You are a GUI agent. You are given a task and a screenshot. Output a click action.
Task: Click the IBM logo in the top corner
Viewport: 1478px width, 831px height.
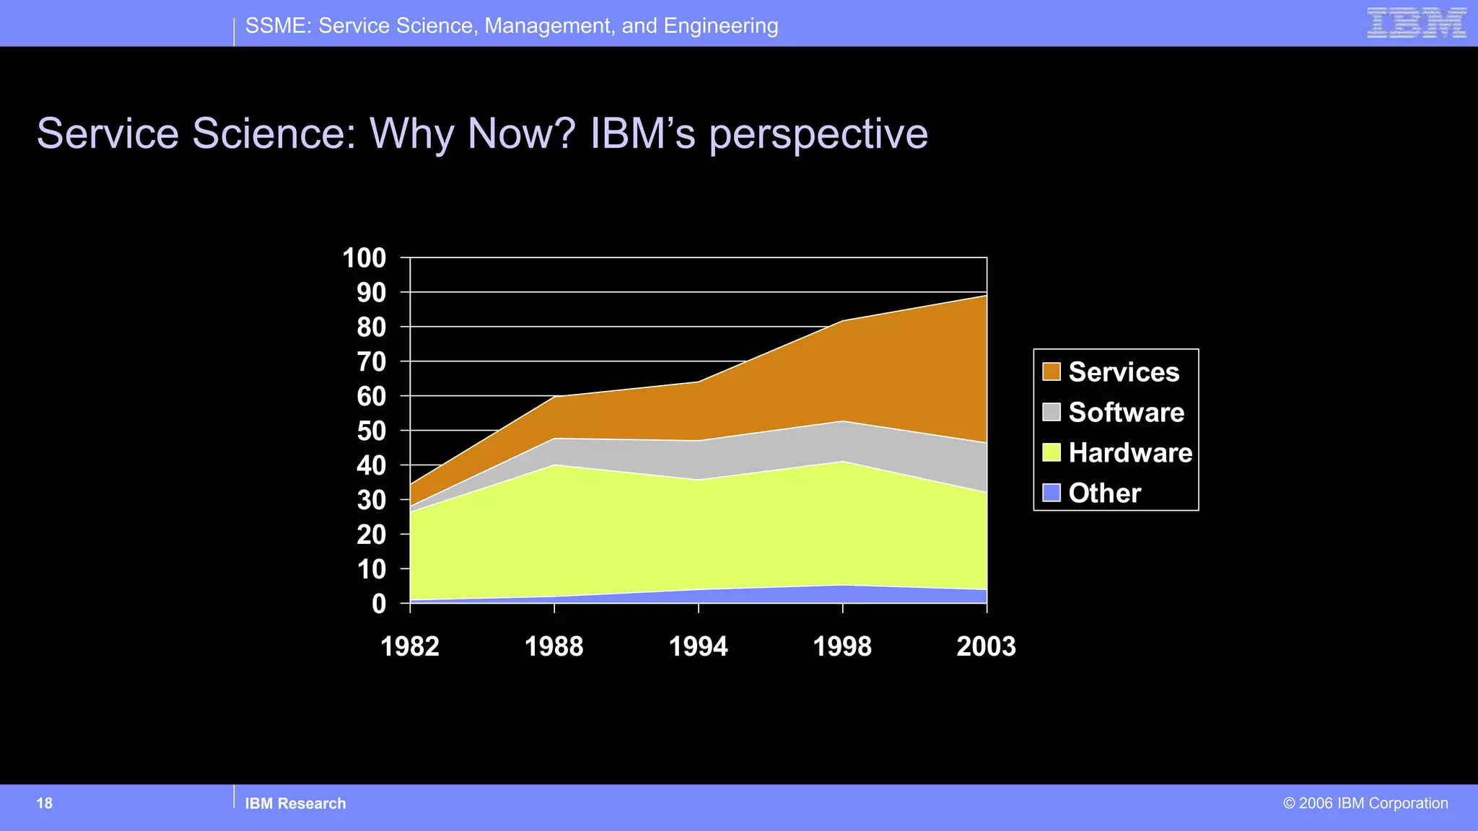point(1416,23)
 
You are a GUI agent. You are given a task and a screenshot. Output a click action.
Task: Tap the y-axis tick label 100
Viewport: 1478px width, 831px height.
point(364,258)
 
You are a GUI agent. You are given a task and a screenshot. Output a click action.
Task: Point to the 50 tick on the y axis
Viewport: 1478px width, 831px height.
point(372,431)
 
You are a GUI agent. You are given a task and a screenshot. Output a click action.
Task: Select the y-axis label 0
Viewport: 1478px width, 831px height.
point(379,604)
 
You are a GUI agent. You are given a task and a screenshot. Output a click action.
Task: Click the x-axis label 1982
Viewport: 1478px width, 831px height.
point(410,646)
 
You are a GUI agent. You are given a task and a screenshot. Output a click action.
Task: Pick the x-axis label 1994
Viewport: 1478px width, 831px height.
point(698,646)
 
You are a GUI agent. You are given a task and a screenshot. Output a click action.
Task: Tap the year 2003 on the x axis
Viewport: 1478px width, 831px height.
point(986,646)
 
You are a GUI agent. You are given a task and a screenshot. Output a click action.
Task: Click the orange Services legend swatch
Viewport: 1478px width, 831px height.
point(1051,371)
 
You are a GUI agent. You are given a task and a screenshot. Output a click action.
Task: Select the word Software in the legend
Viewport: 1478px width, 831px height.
point(1126,413)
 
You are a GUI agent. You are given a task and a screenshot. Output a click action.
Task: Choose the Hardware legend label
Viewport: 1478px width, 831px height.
point(1130,453)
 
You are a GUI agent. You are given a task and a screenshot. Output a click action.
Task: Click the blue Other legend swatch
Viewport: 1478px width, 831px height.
point(1051,493)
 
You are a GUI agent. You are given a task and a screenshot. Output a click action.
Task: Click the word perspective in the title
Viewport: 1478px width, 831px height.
point(818,135)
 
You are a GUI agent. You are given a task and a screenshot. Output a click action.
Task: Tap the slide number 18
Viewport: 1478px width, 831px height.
point(45,804)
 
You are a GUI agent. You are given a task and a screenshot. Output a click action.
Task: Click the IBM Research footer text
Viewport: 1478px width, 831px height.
point(295,804)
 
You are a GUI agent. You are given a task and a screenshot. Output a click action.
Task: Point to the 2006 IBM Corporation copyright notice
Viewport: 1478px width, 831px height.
point(1365,804)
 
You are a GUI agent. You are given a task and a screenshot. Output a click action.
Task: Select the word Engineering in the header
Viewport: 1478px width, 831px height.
point(720,27)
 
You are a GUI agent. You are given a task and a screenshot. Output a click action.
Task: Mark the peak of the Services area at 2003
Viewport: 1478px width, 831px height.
point(986,296)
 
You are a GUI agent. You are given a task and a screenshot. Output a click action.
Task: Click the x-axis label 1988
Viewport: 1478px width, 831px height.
point(554,646)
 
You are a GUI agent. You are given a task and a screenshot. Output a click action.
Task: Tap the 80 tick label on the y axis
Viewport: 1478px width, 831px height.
point(372,327)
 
